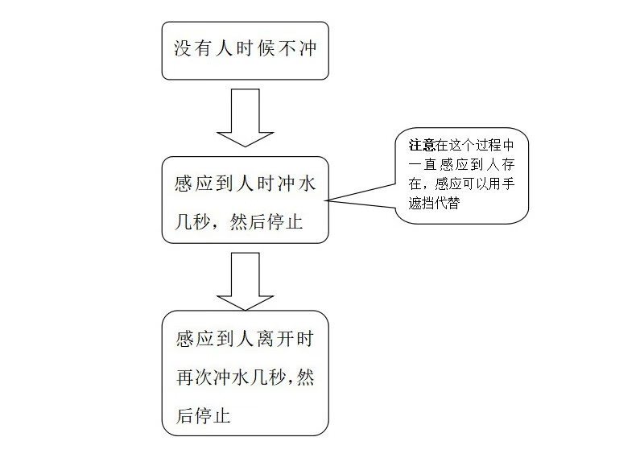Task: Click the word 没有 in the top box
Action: pyautogui.click(x=193, y=49)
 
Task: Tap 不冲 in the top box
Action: pyautogui.click(x=298, y=49)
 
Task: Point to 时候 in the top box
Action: pyautogui.click(x=255, y=49)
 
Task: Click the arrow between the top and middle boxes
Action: pyautogui.click(x=246, y=118)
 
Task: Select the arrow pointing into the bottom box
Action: pyautogui.click(x=246, y=282)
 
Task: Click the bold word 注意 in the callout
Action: pyautogui.click(x=421, y=146)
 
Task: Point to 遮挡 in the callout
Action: pyautogui.click(x=421, y=203)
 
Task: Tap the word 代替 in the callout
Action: pyautogui.click(x=448, y=203)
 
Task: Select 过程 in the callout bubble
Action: pyautogui.click(x=488, y=146)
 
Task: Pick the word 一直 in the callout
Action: pyautogui.click(x=422, y=165)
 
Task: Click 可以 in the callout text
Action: pyautogui.click(x=475, y=184)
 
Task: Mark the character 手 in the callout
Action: pyautogui.click(x=508, y=184)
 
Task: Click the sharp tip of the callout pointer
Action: pyautogui.click(x=325, y=200)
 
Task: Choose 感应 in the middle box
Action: pyautogui.click(x=194, y=184)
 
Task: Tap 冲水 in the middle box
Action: pyautogui.click(x=296, y=184)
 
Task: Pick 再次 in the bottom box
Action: pyautogui.click(x=193, y=377)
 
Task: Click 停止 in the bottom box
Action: pyautogui.click(x=212, y=415)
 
